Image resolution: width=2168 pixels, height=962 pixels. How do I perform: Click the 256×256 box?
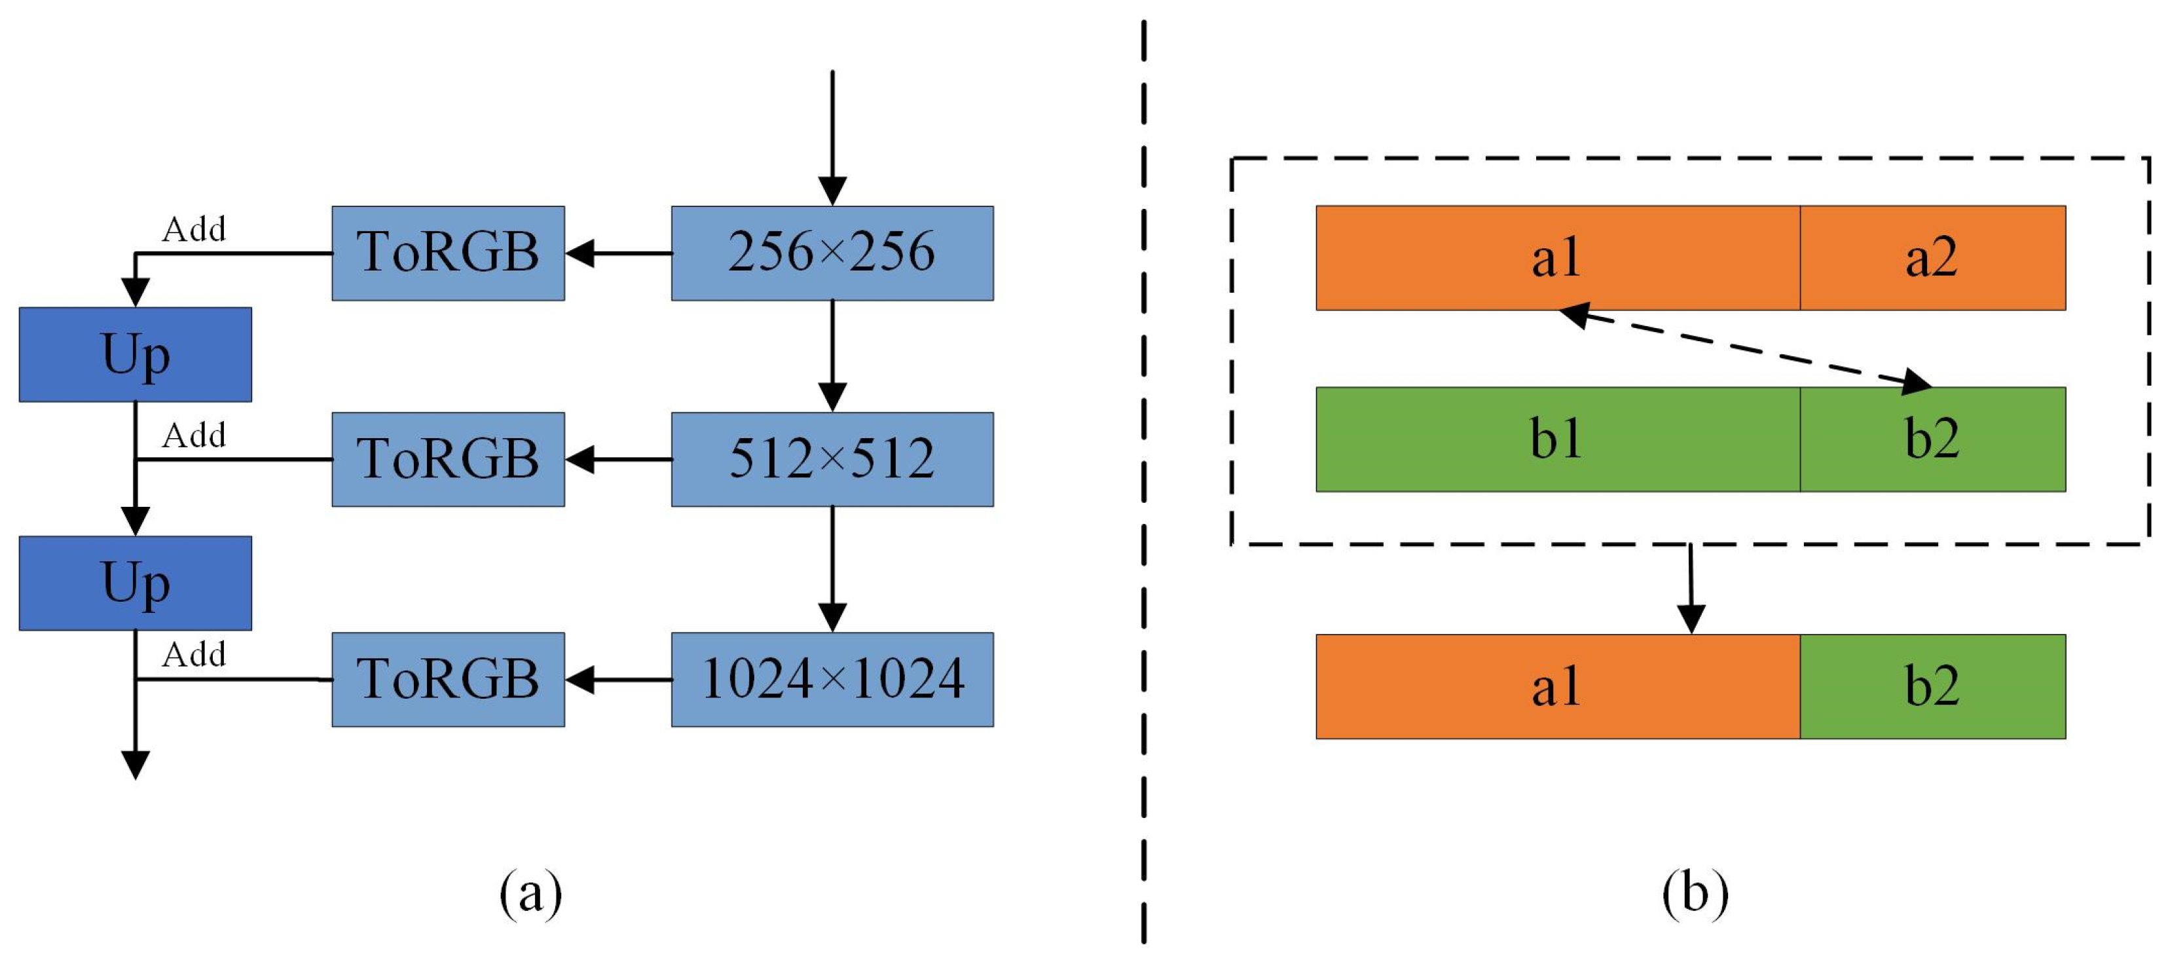point(832,253)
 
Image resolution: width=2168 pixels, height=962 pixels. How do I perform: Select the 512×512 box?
point(832,458)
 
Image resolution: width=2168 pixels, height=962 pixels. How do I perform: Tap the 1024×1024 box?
point(832,679)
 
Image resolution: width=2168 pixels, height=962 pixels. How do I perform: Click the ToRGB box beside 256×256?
point(448,253)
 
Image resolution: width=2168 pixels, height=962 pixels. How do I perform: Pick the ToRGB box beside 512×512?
point(448,458)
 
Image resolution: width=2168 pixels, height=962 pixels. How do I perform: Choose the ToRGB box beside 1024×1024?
point(448,679)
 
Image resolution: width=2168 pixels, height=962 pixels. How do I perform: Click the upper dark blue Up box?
point(135,354)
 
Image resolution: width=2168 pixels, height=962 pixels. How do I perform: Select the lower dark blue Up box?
point(135,582)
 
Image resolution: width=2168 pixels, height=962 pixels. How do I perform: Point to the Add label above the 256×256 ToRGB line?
point(194,229)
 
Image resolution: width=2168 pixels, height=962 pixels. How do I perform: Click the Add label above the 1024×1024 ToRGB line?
point(194,654)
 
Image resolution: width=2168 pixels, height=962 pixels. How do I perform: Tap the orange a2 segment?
point(1932,257)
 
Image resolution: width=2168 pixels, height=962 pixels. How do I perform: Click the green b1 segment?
point(1557,439)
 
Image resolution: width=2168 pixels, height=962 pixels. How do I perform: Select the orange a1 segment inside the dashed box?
point(1557,257)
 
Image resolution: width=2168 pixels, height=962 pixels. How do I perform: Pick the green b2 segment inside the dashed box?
point(1932,439)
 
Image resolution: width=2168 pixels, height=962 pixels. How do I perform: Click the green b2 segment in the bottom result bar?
point(1932,686)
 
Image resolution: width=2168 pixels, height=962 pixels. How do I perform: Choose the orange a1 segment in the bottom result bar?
point(1557,686)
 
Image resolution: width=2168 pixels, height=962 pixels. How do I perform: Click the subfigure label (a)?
point(530,894)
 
